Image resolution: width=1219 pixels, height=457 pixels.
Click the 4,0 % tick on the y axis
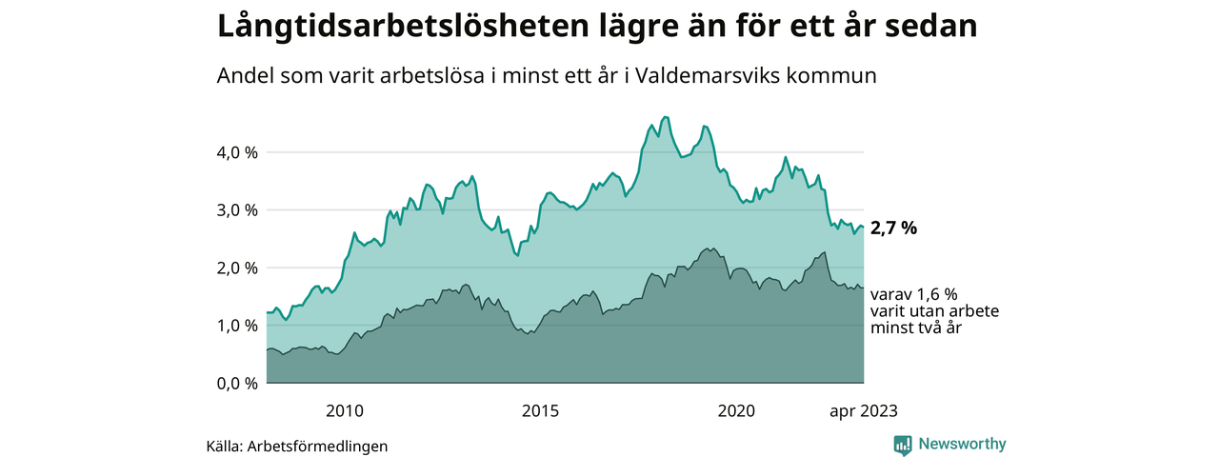point(237,152)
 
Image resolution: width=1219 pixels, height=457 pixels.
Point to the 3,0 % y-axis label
point(237,210)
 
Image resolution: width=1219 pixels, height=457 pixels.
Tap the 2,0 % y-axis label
point(237,268)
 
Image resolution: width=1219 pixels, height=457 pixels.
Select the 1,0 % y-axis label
point(237,326)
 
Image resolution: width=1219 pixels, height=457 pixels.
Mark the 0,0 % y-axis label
point(237,384)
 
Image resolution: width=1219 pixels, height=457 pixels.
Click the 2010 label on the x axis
point(345,411)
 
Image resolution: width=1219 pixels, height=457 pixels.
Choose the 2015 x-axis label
point(540,411)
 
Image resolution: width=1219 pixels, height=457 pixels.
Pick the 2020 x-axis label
point(736,411)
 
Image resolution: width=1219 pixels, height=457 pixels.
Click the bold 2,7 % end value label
point(893,228)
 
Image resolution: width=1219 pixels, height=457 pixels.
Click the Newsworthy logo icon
point(903,445)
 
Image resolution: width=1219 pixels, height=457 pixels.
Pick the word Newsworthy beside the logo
point(962,444)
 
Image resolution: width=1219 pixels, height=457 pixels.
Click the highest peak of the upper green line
point(665,116)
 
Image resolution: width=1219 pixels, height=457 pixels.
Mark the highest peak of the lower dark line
point(707,248)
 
